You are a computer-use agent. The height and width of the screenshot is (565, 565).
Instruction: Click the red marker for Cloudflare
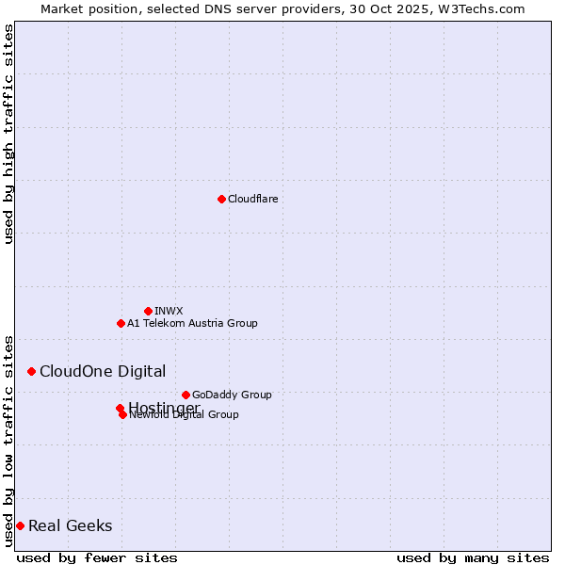point(221,199)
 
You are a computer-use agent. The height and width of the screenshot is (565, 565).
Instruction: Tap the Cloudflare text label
point(252,199)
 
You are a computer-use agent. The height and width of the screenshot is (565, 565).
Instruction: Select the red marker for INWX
point(148,311)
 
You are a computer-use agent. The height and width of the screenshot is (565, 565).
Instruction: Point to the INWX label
point(169,311)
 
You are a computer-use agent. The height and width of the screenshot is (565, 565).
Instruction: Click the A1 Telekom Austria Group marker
point(121,323)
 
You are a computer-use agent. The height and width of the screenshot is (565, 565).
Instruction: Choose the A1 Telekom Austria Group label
point(192,323)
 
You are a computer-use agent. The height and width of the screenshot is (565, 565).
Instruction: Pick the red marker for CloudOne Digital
point(31,371)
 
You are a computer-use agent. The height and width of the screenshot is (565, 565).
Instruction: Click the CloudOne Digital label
point(102,371)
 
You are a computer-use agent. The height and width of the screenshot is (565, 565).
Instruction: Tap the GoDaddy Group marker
point(186,395)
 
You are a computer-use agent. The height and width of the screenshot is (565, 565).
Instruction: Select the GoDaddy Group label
point(232,395)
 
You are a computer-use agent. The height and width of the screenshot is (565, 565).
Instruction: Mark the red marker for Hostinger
point(120,408)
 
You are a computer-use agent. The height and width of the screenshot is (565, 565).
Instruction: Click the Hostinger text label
point(164,407)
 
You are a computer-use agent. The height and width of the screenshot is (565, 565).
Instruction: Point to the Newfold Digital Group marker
point(122,414)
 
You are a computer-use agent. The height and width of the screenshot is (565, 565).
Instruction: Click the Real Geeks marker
point(20,525)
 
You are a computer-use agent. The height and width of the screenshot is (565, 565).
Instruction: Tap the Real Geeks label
point(70,525)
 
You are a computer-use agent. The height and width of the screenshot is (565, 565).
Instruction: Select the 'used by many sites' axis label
point(473,557)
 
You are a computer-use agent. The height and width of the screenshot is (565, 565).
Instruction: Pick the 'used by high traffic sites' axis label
point(8,134)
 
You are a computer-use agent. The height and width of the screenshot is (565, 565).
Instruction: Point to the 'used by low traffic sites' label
point(8,440)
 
